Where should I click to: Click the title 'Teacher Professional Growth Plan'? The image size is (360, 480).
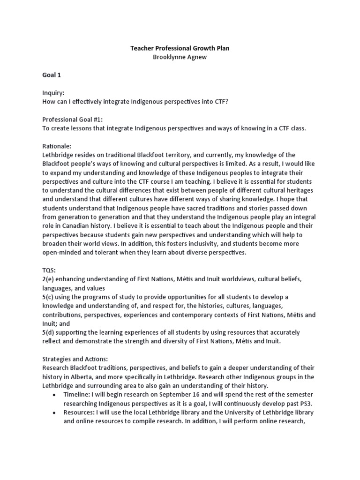180,48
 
